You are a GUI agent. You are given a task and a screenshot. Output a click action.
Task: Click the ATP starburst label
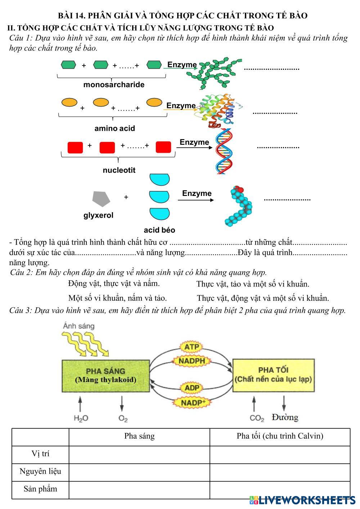(192, 347)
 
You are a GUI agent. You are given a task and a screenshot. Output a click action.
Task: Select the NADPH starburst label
(192, 361)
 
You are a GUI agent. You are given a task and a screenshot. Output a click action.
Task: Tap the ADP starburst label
(192, 388)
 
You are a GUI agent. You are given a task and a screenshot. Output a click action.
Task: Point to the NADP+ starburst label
(193, 402)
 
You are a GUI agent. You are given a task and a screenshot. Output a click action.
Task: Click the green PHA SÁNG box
(106, 375)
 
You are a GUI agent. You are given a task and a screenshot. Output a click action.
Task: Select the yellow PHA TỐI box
(273, 375)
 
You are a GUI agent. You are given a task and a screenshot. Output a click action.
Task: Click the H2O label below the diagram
(81, 418)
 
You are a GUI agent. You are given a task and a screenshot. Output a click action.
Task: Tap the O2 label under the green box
(123, 418)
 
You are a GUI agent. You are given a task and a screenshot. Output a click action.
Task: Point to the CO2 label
(257, 418)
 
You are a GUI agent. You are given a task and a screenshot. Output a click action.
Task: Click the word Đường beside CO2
(285, 418)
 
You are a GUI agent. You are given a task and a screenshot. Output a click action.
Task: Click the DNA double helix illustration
(224, 151)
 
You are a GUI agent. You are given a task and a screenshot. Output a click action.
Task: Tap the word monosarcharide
(114, 85)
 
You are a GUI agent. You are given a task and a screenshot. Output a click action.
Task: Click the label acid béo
(159, 230)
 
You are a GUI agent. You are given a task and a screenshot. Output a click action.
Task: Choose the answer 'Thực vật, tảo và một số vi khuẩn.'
(253, 284)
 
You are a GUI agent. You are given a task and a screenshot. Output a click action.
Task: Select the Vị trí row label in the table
(40, 454)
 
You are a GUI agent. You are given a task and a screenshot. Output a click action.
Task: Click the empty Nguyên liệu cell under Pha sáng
(139, 472)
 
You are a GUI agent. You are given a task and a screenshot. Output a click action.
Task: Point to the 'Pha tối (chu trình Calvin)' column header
(280, 436)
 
